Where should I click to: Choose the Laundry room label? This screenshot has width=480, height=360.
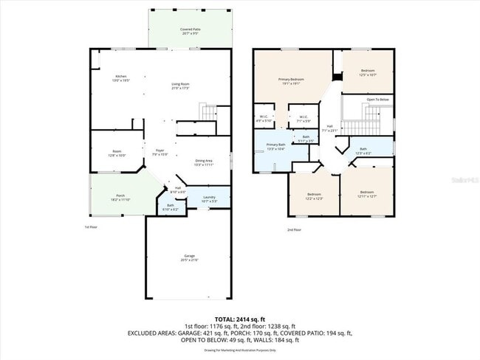209,198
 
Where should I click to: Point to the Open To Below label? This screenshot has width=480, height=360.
377,99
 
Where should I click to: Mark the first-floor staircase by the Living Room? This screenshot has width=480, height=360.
209,113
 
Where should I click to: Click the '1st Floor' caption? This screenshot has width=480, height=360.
91,227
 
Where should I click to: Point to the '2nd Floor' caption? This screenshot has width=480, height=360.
294,229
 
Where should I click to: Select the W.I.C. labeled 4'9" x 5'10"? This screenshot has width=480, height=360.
264,119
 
